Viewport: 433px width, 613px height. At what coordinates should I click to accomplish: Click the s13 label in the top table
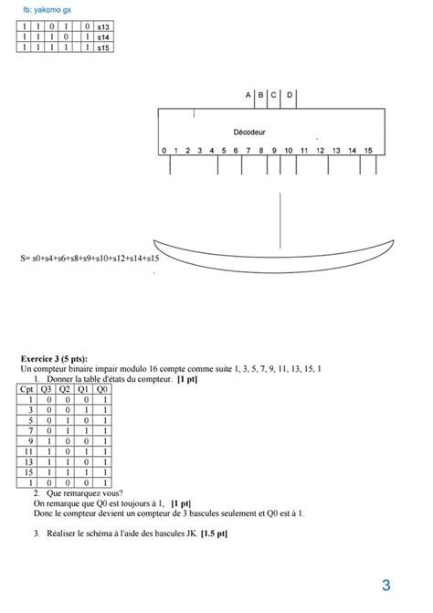(x=103, y=28)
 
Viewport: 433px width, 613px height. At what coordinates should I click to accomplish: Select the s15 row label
(x=103, y=47)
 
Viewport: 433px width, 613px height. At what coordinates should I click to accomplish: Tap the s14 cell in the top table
(x=103, y=37)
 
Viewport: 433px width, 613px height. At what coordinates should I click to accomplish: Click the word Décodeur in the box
(x=249, y=132)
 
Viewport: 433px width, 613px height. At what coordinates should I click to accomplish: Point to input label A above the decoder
(x=248, y=95)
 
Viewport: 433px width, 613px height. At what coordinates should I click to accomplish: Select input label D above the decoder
(x=290, y=95)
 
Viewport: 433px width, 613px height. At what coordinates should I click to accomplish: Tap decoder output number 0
(x=164, y=151)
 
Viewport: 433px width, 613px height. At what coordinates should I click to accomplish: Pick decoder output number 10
(x=288, y=151)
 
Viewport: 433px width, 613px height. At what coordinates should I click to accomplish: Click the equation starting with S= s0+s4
(x=90, y=259)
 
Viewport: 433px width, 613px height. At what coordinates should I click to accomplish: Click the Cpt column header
(x=28, y=387)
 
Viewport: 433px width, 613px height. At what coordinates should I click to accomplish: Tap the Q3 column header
(x=47, y=387)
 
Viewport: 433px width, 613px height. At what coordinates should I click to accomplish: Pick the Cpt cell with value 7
(x=28, y=430)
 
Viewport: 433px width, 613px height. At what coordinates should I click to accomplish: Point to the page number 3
(x=386, y=586)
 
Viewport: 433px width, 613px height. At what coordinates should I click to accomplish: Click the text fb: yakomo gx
(x=47, y=9)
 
